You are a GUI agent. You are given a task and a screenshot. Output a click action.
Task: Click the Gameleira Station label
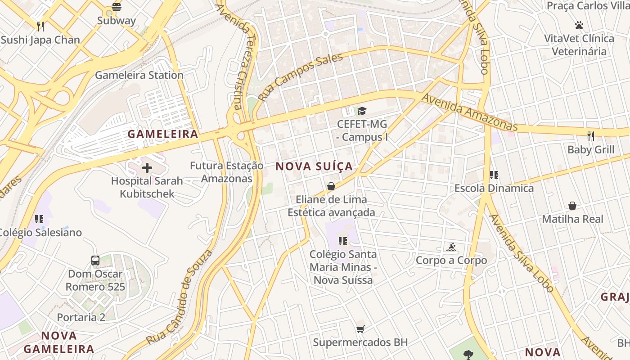(139, 75)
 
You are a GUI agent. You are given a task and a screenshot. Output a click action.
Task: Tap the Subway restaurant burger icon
(117, 7)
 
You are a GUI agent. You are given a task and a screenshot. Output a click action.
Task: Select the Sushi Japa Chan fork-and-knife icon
(40, 26)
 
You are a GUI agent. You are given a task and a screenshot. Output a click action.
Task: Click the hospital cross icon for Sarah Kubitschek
(147, 168)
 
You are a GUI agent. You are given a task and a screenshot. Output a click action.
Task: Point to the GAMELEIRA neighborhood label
(163, 134)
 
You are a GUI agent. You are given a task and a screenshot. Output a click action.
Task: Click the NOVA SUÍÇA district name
(314, 166)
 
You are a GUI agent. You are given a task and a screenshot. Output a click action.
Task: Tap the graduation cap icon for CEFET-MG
(362, 111)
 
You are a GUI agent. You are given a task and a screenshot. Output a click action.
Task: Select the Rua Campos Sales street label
(301, 76)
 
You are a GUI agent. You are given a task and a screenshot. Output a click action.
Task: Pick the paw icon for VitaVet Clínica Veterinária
(579, 25)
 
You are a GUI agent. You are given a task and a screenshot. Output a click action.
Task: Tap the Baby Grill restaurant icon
(591, 136)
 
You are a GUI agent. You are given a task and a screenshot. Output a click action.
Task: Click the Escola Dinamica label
(494, 188)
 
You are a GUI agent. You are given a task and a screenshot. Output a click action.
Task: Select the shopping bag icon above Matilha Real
(572, 206)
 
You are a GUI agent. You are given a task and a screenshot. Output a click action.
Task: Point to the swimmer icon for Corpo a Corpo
(451, 247)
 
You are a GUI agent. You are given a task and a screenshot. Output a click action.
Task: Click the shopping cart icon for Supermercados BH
(360, 329)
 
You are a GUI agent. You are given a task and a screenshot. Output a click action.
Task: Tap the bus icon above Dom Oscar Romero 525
(95, 260)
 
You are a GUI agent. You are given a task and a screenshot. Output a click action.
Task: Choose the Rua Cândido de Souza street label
(180, 297)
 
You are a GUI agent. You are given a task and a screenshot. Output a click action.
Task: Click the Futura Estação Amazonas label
(226, 172)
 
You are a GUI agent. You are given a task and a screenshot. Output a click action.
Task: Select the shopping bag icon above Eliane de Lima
(331, 186)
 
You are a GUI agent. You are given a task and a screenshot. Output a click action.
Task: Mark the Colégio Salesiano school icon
(39, 219)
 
